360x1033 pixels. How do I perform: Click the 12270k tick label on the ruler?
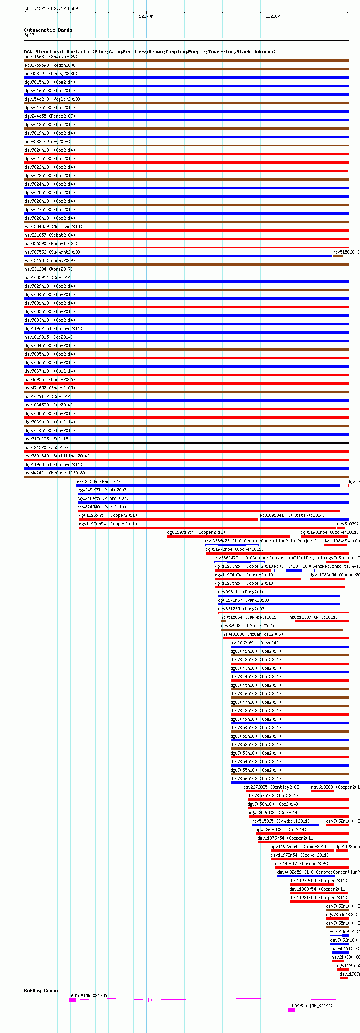tap(146, 17)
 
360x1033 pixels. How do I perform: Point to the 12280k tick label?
tap(272, 17)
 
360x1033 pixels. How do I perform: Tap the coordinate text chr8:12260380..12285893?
tap(52, 8)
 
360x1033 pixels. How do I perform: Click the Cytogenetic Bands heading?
tap(48, 30)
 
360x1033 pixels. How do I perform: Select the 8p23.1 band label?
tap(32, 35)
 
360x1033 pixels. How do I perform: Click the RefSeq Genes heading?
tap(41, 991)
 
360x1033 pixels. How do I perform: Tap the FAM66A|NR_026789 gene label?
tap(88, 995)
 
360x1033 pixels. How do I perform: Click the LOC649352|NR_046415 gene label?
tap(310, 1005)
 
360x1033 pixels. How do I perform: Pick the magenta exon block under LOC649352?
tap(291, 1010)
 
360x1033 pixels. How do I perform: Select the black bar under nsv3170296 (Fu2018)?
tap(186, 443)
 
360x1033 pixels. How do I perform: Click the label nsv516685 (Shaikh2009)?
tap(51, 57)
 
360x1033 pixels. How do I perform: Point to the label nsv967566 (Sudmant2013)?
tap(52, 252)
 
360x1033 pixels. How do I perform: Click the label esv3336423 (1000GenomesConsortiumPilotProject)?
tap(260, 541)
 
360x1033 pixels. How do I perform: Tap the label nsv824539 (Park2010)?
tap(100, 481)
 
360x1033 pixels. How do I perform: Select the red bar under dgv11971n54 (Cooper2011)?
tap(229, 536)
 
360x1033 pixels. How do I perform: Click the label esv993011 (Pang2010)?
tap(242, 592)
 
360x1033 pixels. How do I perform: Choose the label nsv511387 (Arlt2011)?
tap(313, 617)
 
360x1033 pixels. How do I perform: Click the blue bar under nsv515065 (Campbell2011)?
tap(285, 825)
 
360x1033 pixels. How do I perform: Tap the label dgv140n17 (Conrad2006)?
tap(301, 864)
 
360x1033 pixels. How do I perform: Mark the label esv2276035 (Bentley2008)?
tap(272, 787)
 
